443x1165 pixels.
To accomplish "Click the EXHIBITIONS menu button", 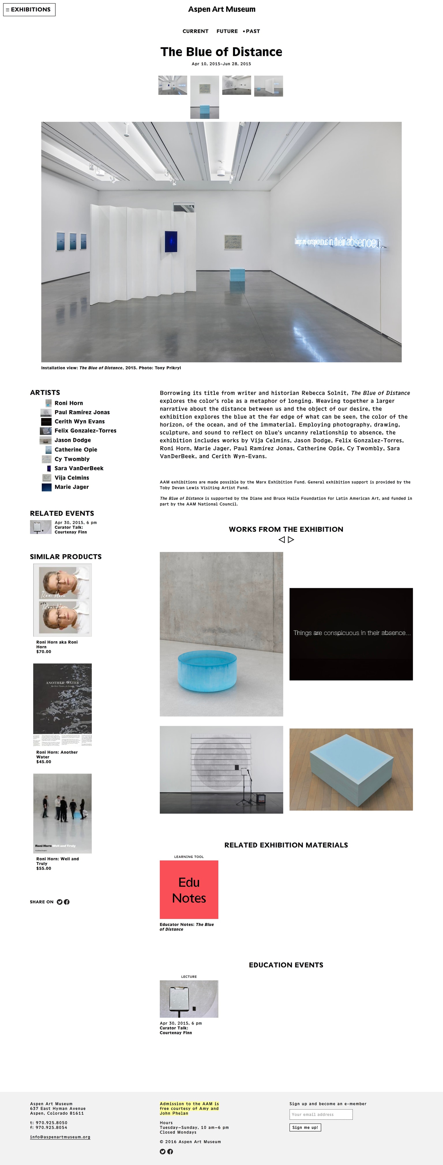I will coord(29,10).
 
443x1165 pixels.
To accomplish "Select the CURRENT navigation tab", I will coord(196,31).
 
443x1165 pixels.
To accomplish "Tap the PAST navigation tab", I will coord(252,31).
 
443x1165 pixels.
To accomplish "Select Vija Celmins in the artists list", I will coord(72,478).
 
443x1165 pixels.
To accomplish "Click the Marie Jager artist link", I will coord(72,487).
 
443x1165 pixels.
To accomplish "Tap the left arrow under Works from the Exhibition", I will coord(281,540).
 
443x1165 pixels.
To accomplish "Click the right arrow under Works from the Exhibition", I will coord(291,540).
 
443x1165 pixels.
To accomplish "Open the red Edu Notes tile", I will coord(189,890).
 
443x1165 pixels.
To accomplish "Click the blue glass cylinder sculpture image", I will coord(221,634).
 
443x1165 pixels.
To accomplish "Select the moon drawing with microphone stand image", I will coord(221,770).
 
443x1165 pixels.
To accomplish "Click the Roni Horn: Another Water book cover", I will coord(63,704).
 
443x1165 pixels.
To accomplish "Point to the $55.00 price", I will coord(44,868).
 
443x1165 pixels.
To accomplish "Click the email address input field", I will coord(321,1114).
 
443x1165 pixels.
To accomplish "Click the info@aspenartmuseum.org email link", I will coord(60,1137).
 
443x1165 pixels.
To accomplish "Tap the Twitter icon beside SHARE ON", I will coord(60,902).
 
